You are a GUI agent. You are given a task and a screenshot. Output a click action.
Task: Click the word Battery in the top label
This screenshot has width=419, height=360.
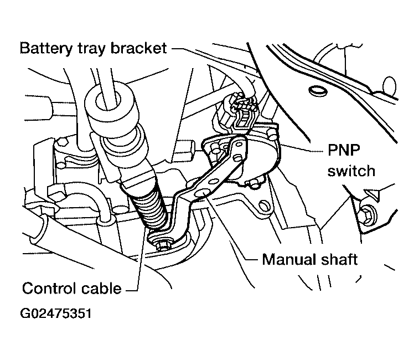46,49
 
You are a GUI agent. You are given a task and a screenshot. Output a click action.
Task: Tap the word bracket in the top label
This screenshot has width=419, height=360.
139,48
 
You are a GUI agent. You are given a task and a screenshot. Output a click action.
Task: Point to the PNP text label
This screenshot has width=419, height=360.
344,150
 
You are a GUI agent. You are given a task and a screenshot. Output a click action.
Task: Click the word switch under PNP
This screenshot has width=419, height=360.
351,171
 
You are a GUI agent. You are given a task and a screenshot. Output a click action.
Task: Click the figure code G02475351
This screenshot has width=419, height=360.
56,313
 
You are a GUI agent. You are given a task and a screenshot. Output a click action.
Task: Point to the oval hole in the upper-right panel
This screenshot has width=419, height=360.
318,91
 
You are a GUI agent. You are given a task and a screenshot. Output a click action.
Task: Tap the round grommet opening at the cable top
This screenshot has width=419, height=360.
108,100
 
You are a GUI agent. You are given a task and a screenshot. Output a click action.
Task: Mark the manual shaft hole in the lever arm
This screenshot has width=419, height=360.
201,193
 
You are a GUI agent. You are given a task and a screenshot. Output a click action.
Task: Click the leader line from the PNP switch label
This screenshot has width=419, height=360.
302,148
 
